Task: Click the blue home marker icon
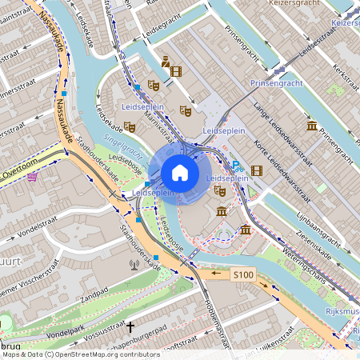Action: pos(180,172)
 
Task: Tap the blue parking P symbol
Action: pos(236,166)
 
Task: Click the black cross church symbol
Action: pos(130,326)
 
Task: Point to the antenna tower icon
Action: pos(134,263)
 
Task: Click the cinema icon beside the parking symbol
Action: pos(256,170)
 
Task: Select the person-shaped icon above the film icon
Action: pos(165,60)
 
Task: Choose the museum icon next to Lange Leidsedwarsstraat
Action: pos(311,126)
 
